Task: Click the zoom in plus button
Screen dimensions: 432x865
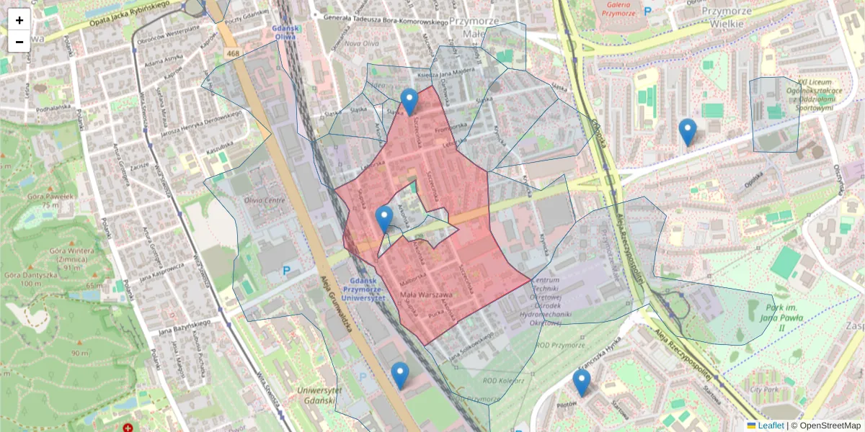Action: [19, 20]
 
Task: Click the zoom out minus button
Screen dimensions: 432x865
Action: [19, 42]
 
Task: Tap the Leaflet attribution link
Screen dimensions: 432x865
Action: [770, 426]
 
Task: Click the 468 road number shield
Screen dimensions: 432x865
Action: [232, 53]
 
